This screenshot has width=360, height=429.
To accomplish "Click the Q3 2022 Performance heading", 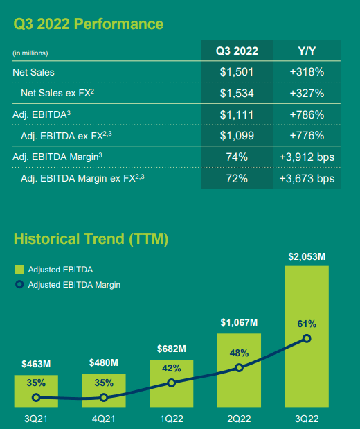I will point(89,24).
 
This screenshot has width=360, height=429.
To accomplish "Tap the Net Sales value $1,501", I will point(237,71).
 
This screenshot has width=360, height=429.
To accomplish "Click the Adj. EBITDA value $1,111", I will point(237,114).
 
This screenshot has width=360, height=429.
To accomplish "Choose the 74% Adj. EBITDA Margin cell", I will point(237,157).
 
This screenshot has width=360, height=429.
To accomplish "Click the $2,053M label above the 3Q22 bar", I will point(307,257).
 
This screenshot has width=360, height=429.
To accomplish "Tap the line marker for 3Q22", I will point(307,339).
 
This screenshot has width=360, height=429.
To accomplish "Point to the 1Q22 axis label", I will point(171,419).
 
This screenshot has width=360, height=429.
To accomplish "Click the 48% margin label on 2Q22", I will point(239,353).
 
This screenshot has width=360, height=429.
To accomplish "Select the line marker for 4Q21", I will point(104,398).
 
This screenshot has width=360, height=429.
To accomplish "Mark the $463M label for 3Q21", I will point(36,363).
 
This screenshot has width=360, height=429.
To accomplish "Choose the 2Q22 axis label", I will point(239,419).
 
